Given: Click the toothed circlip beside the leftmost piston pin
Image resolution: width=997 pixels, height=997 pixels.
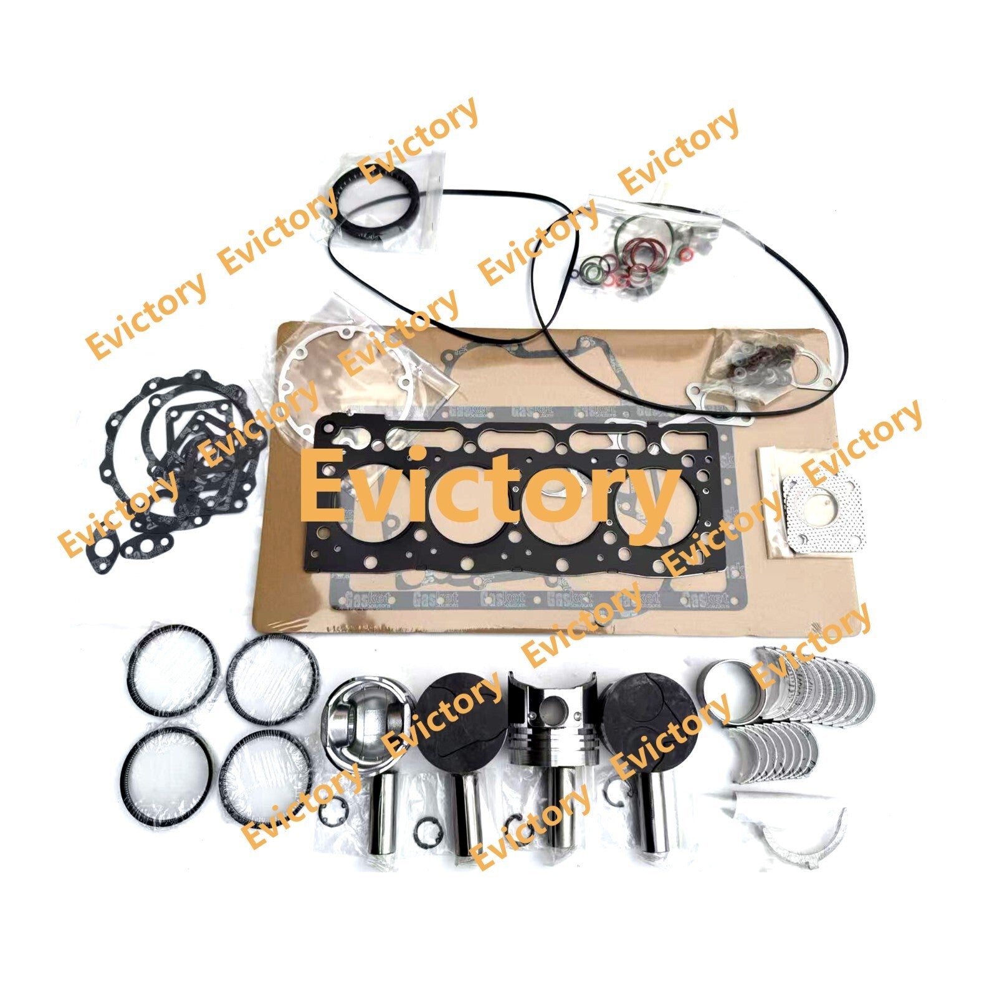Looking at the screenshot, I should pos(330,813).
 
